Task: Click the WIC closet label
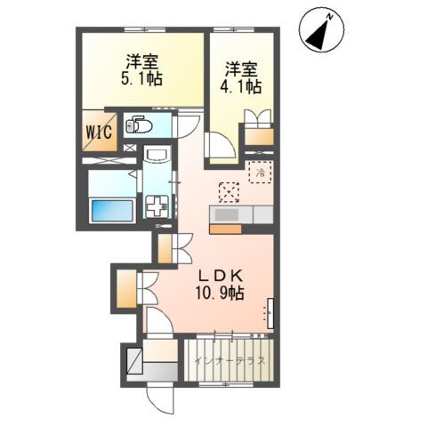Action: click(x=100, y=132)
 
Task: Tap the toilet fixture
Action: click(x=139, y=125)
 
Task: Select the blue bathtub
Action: click(x=112, y=211)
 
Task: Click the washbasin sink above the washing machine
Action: click(x=157, y=154)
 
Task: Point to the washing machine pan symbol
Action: click(x=157, y=206)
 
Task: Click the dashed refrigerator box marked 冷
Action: click(x=261, y=172)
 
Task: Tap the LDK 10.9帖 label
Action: click(x=220, y=286)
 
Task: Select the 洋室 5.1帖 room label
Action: click(x=141, y=70)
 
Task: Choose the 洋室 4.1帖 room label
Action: click(x=240, y=78)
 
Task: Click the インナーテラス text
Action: click(x=230, y=361)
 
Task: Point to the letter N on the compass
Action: click(x=329, y=18)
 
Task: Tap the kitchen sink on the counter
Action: click(x=227, y=213)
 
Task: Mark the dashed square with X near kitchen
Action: click(x=229, y=192)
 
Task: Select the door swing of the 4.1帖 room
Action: click(x=220, y=145)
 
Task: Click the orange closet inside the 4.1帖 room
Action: click(x=259, y=136)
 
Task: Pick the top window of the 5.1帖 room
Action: click(x=145, y=29)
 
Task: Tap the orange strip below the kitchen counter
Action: click(x=225, y=230)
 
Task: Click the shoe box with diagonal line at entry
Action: click(x=135, y=360)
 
